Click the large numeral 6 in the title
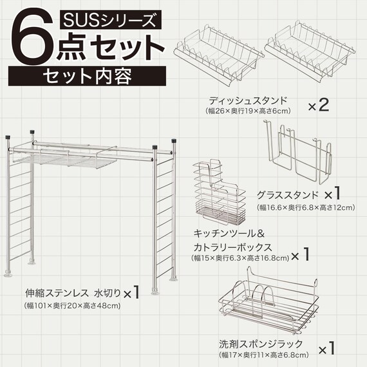click(35, 40)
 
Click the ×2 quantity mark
click(318, 104)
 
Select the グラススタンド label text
click(287, 194)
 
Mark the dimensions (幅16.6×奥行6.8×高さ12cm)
click(305, 207)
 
